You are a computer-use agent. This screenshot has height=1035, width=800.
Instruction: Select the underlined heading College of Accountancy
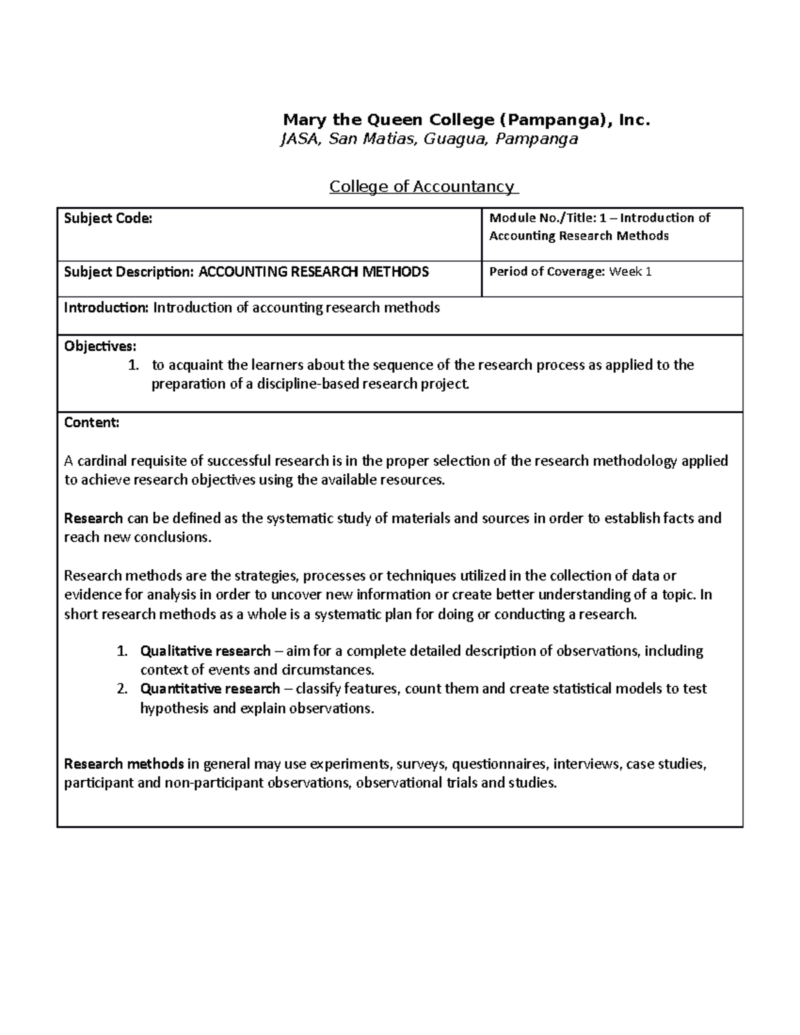pyautogui.click(x=423, y=187)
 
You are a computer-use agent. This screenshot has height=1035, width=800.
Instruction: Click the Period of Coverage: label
pyautogui.click(x=547, y=272)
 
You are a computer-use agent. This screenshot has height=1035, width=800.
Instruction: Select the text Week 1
pyautogui.click(x=631, y=272)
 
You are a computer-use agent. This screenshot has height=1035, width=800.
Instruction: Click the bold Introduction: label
pyautogui.click(x=107, y=308)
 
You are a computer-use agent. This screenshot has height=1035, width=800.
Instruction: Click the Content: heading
pyautogui.click(x=92, y=423)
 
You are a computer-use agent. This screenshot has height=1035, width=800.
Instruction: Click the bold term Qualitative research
pyautogui.click(x=205, y=650)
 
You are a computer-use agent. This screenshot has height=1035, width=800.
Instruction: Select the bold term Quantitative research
pyautogui.click(x=210, y=688)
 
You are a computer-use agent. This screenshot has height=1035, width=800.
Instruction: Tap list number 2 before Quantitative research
pyautogui.click(x=121, y=688)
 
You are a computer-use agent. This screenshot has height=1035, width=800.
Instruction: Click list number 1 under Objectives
pyautogui.click(x=133, y=365)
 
